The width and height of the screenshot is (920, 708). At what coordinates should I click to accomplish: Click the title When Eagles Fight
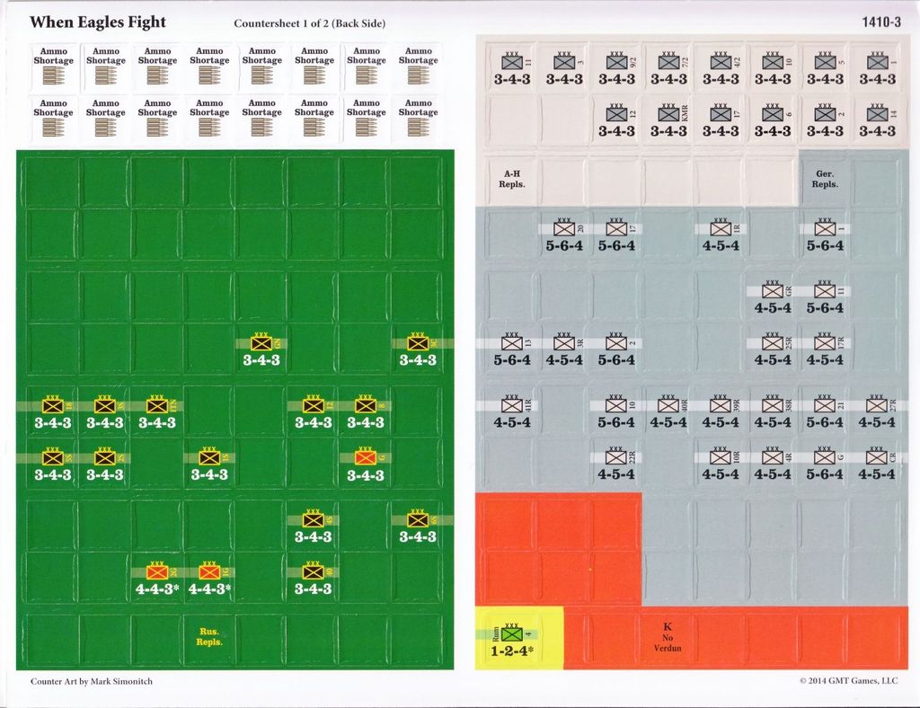pos(97,22)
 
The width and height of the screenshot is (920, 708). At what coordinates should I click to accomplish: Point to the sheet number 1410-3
pos(880,22)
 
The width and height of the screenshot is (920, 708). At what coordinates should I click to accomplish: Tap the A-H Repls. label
pos(512,179)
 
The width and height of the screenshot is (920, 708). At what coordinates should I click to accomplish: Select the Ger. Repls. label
pos(824,179)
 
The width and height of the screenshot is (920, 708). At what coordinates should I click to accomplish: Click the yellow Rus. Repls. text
pos(208,637)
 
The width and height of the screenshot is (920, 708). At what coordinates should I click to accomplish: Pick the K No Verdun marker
pos(667,637)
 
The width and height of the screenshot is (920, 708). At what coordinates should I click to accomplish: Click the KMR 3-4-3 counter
pos(668,120)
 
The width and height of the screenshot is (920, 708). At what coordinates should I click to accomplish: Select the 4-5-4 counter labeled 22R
pos(615,464)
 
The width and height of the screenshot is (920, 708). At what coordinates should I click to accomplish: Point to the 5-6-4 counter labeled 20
pos(563,235)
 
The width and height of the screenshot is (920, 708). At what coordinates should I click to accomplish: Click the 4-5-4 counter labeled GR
pos(772,297)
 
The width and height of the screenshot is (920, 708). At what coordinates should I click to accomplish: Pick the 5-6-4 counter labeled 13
pos(512,350)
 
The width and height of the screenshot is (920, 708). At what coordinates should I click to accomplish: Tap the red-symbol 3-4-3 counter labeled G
pos(365,464)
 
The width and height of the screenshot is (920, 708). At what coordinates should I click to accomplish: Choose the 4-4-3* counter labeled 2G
pos(157,579)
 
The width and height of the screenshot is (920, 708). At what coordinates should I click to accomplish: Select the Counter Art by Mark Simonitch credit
pos(91,681)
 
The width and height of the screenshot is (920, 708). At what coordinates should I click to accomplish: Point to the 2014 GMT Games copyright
pos(848,681)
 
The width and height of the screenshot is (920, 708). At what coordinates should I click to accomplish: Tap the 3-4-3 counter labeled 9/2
pos(615,68)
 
